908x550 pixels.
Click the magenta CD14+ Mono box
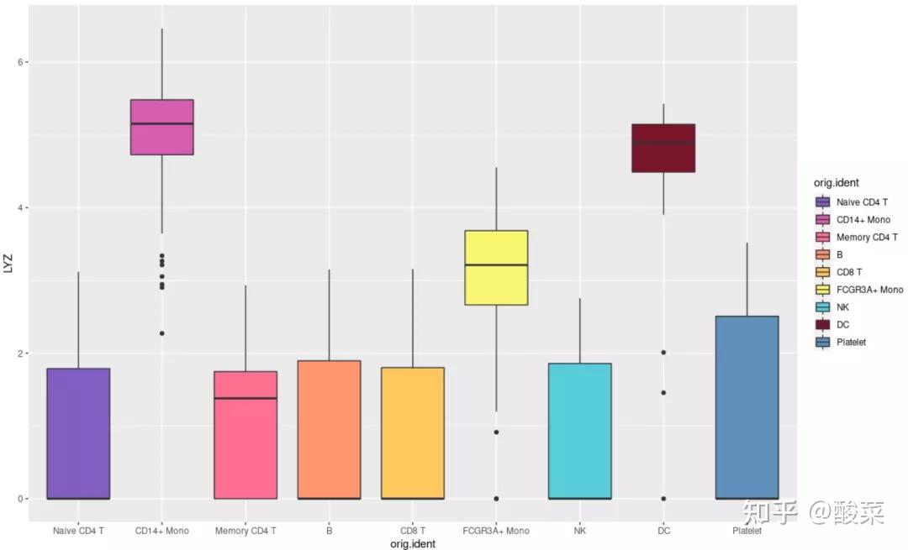pyautogui.click(x=161, y=127)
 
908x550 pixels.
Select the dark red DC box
pyautogui.click(x=663, y=148)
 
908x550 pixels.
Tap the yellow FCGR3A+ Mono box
pyautogui.click(x=496, y=267)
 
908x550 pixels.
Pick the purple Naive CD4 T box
pyautogui.click(x=78, y=433)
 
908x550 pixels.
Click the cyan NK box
pyautogui.click(x=580, y=431)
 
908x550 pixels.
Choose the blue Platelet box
pyautogui.click(x=747, y=407)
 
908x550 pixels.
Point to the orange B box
pyautogui.click(x=329, y=429)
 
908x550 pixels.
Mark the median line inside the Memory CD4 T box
pyautogui.click(x=245, y=398)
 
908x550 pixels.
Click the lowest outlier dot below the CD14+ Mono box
pyautogui.click(x=161, y=333)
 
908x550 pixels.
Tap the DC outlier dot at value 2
pyautogui.click(x=663, y=353)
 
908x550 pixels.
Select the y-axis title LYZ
pyautogui.click(x=8, y=262)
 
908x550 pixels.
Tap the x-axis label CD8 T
pyautogui.click(x=412, y=531)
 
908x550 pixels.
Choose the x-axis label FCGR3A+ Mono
pyautogui.click(x=496, y=531)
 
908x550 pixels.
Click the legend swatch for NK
pyautogui.click(x=822, y=306)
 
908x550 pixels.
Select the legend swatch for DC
pyautogui.click(x=822, y=324)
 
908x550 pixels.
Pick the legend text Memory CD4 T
pyautogui.click(x=867, y=237)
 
